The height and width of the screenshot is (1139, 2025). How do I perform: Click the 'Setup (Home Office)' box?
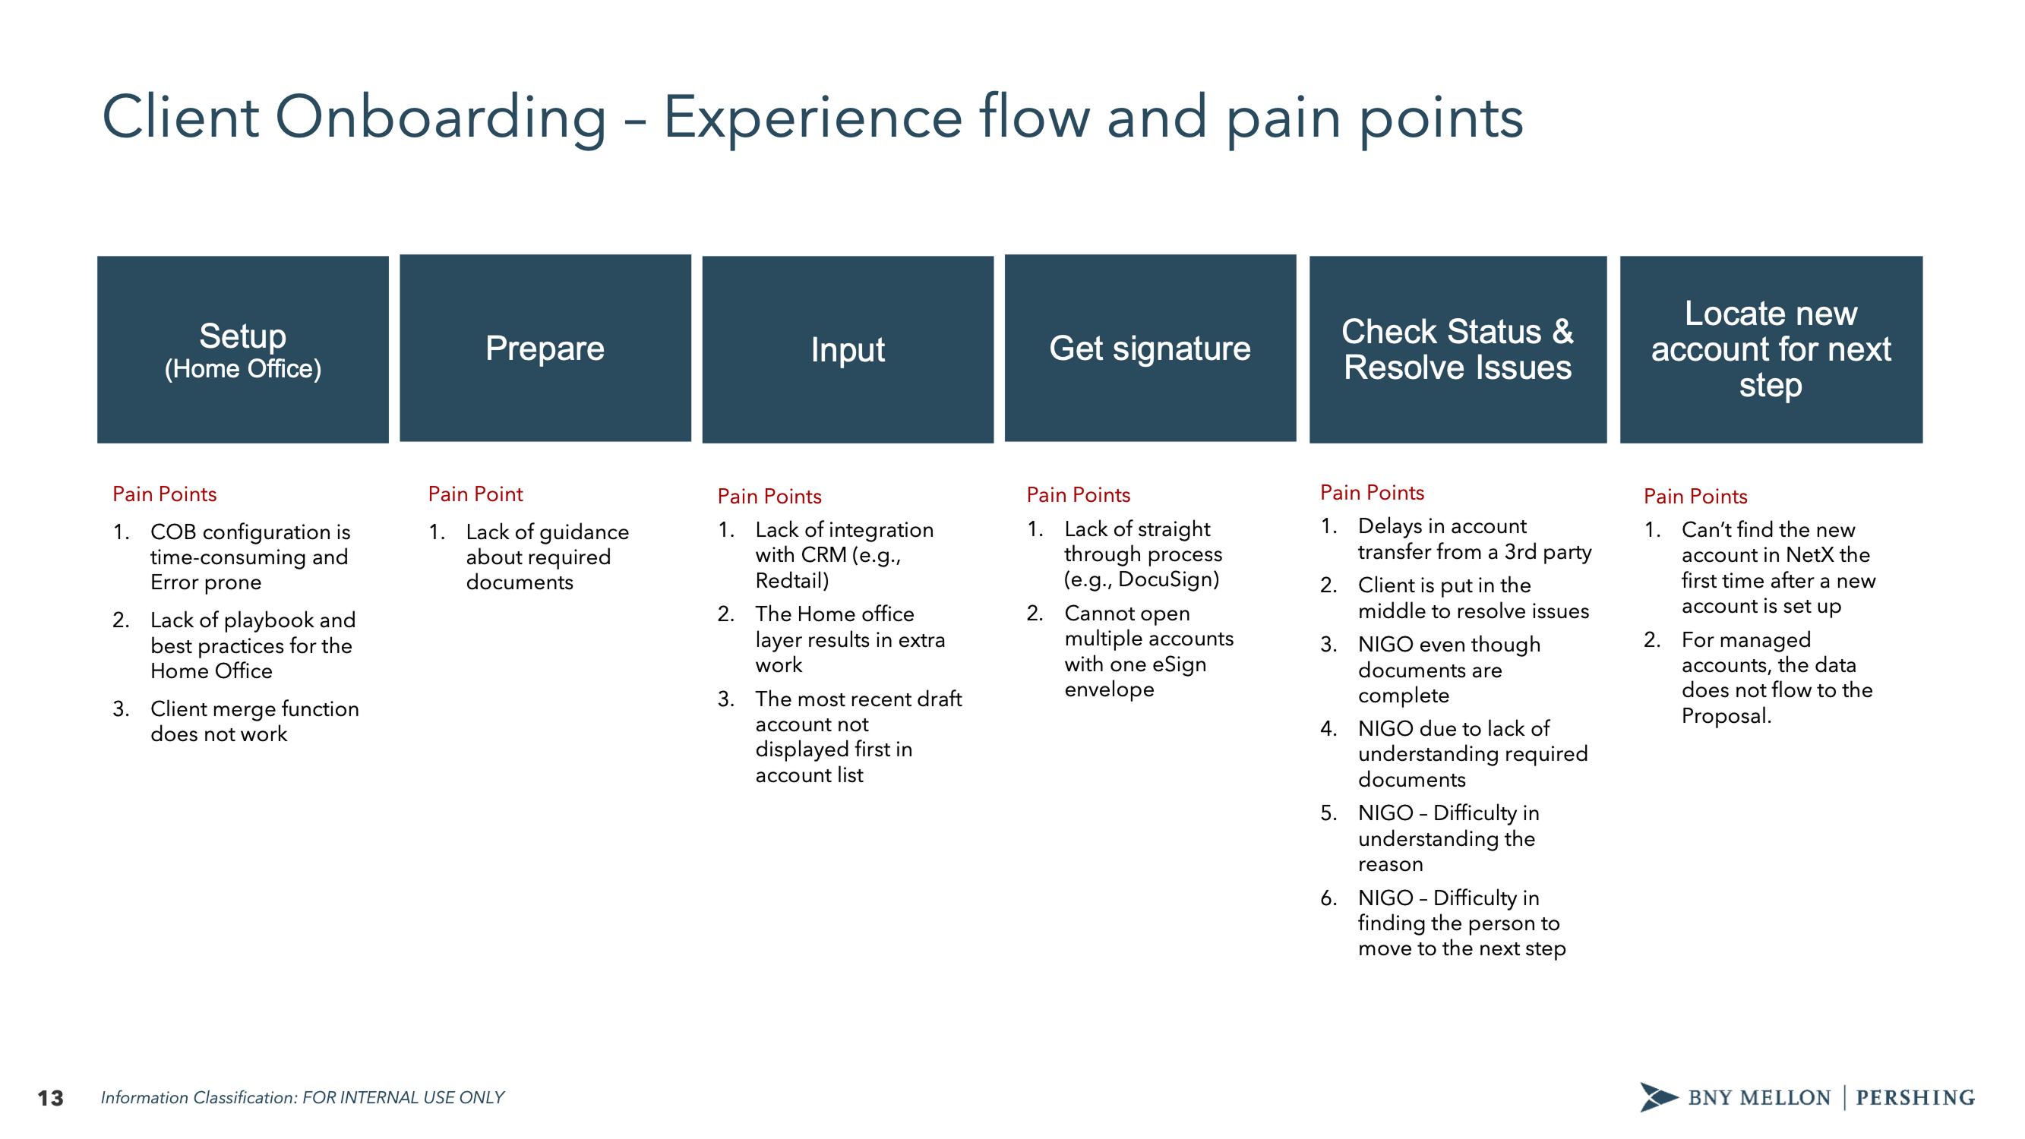pos(242,349)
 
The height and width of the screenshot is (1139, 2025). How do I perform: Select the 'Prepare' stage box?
pos(545,348)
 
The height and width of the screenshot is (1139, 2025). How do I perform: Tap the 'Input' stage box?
pos(848,349)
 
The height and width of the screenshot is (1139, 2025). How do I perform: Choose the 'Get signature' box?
pos(1149,348)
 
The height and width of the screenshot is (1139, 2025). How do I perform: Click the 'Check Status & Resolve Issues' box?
pos(1457,349)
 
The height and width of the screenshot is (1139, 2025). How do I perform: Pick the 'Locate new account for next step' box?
pos(1771,349)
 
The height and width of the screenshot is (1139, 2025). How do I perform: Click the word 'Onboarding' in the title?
pos(441,118)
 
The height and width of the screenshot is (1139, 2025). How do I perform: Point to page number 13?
pos(50,1097)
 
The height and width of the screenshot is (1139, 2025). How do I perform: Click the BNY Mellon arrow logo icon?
pos(1657,1096)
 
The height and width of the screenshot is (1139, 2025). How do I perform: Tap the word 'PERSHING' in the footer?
pos(1915,1097)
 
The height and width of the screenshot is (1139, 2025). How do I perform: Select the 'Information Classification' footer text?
pos(302,1097)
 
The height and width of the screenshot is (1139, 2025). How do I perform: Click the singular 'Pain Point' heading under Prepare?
pos(475,494)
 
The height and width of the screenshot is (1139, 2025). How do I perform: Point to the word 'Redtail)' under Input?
pos(791,581)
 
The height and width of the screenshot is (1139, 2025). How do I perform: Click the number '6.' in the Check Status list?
pos(1328,898)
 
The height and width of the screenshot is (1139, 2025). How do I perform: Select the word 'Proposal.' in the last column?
pos(1726,716)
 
